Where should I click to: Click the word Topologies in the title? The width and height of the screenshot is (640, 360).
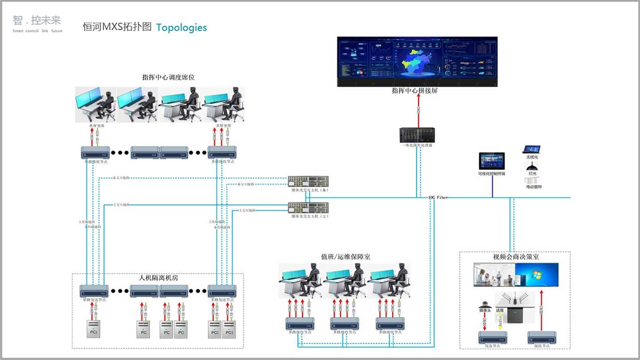(182, 27)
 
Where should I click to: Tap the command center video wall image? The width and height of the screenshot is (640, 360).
(417, 61)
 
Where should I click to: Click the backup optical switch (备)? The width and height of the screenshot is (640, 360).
(308, 181)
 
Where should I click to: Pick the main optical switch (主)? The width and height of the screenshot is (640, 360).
(308, 207)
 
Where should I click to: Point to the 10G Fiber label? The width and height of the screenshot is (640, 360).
(438, 197)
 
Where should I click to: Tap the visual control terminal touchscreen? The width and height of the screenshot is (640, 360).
(491, 161)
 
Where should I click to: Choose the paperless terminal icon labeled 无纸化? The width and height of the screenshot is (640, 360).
(532, 149)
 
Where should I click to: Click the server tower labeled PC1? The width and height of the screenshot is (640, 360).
(93, 328)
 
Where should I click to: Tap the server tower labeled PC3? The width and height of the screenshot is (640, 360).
(229, 328)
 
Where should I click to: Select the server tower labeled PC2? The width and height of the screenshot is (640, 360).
(215, 328)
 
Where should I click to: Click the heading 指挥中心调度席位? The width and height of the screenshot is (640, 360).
(168, 78)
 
